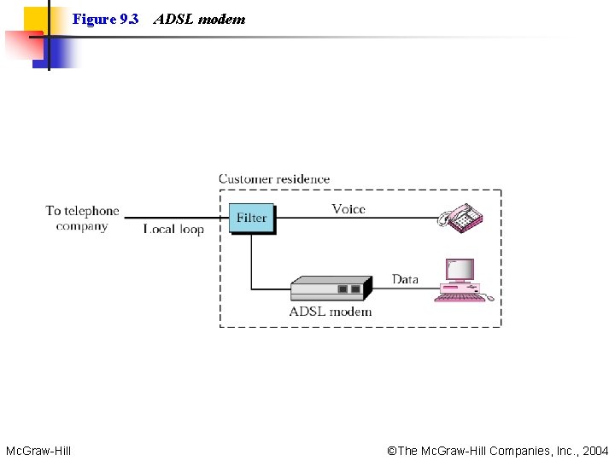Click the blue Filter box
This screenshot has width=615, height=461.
pos(251,218)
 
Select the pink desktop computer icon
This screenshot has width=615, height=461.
pos(462,281)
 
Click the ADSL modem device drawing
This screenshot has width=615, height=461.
pos(331,288)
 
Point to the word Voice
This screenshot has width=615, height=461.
pos(348,208)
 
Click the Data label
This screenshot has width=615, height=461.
pos(405,279)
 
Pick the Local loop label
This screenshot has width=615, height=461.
pos(173,229)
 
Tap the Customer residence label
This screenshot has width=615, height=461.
pos(274,178)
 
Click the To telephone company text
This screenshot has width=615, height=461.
pos(82,219)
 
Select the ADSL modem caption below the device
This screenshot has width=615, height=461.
pos(331,312)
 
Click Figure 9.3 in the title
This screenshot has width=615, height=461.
pos(105,19)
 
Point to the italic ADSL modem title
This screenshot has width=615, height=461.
pos(199,19)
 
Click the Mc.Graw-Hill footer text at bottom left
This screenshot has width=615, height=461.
pos(38,450)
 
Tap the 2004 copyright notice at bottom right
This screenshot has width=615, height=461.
pos(498,450)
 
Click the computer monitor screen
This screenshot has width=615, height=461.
pos(460,270)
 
